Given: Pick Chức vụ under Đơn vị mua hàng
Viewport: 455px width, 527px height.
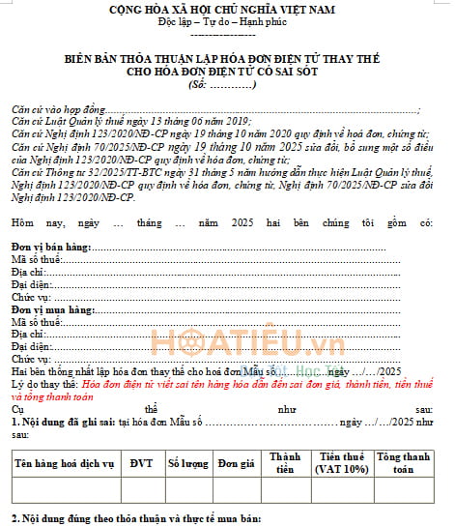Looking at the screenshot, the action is coord(30,359).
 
